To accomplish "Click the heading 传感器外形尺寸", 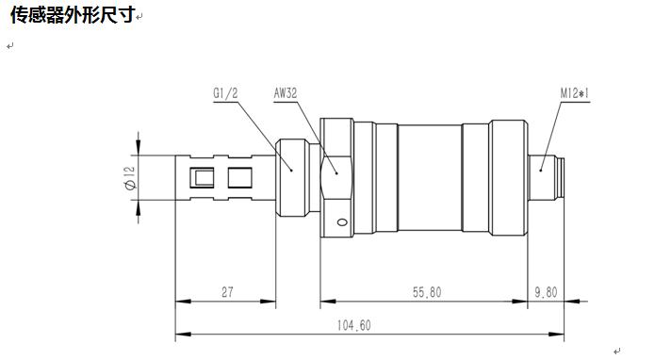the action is tap(73, 15).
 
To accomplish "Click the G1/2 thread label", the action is tap(225, 93).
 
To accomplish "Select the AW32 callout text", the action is tap(286, 93).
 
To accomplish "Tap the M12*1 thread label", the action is tap(574, 93).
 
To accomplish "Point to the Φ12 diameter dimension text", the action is tap(130, 178).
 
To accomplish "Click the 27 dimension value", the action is tap(227, 292).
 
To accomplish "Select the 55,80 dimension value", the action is tap(427, 292).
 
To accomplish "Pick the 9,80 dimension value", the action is tap(547, 292).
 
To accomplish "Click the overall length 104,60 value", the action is tap(353, 325).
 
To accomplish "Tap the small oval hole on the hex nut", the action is tap(342, 222).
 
